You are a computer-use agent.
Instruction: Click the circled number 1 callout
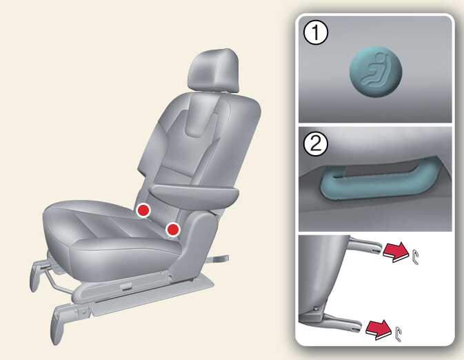coord(316,33)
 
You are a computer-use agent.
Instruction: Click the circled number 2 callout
coord(316,144)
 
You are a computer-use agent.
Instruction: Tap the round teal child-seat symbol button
coord(376,72)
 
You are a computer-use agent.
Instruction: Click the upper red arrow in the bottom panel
coord(396,252)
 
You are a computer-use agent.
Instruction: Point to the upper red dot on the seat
coord(143,210)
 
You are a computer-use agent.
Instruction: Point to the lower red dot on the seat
coord(173,230)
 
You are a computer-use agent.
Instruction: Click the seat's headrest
coord(214,70)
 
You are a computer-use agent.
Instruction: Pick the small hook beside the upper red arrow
coord(415,257)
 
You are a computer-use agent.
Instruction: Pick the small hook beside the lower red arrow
coord(399,334)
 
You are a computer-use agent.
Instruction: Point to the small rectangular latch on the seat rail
coord(126,286)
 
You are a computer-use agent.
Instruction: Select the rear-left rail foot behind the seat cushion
coord(36,275)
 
